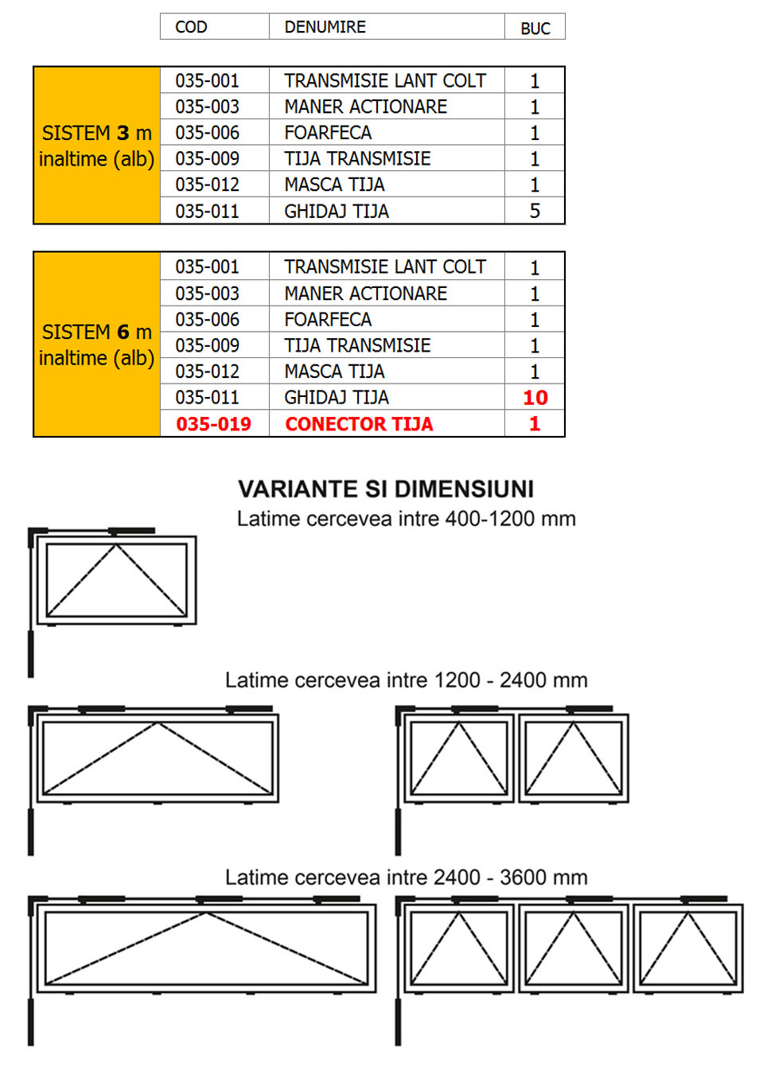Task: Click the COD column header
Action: click(191, 27)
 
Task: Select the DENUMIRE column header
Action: click(325, 27)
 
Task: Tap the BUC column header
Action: click(535, 28)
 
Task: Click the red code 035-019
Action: click(213, 424)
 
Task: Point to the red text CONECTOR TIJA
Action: click(359, 424)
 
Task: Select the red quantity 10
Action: click(535, 398)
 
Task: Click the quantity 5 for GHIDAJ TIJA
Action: click(535, 211)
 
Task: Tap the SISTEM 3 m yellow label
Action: click(96, 146)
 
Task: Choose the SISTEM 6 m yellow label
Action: click(96, 345)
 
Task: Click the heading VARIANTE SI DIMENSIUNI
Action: click(386, 489)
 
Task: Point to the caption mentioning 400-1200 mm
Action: click(406, 519)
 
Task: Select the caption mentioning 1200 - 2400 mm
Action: click(406, 680)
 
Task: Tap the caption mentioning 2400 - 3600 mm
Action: click(406, 878)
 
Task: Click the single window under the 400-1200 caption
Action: click(116, 580)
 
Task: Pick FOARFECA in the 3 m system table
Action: click(328, 133)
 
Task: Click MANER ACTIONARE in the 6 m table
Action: click(365, 294)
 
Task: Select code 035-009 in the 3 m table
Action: click(207, 159)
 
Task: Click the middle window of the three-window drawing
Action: click(573, 948)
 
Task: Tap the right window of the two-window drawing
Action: click(573, 758)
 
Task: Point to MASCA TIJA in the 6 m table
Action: click(334, 372)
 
